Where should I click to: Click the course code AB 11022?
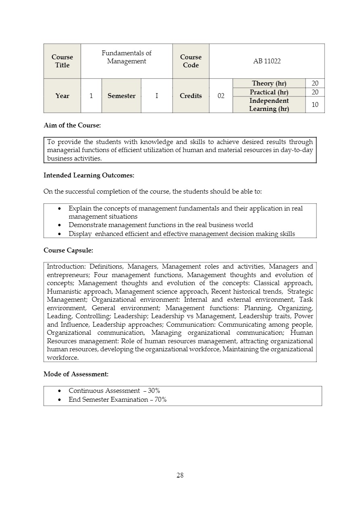point(267,61)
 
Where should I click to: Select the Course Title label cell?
point(62,61)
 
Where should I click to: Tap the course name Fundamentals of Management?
point(126,57)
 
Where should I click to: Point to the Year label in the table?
point(62,96)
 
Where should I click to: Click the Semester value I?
point(156,96)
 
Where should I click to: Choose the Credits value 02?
point(221,96)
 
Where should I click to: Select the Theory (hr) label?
point(269,83)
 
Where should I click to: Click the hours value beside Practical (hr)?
point(315,92)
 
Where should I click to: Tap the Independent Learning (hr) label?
point(269,105)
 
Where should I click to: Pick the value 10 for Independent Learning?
point(315,105)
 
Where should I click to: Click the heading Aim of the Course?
point(72,125)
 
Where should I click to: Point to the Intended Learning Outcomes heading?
point(89,175)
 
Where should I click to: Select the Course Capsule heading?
point(68,250)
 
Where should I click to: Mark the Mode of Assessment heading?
point(76,374)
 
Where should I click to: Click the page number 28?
point(180,475)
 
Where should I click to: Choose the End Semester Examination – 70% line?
point(117,400)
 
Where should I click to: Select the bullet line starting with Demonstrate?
point(161,225)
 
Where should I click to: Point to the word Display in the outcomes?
point(80,234)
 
